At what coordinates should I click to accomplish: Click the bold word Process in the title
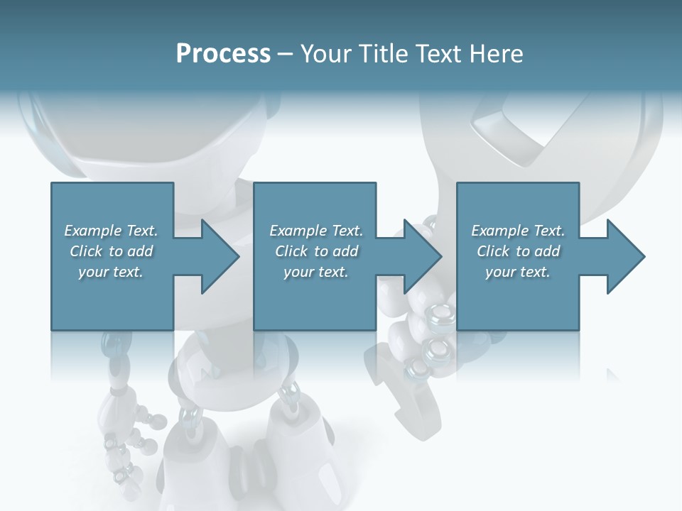[223, 54]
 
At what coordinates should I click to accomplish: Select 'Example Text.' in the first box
[111, 231]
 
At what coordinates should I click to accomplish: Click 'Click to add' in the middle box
[316, 251]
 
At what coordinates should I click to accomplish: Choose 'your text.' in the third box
[518, 272]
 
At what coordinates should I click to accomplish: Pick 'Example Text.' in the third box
[518, 231]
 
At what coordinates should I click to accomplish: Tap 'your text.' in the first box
[111, 272]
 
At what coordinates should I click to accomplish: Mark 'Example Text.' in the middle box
[316, 231]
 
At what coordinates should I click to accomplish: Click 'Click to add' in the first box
[111, 251]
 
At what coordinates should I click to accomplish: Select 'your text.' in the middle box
[316, 272]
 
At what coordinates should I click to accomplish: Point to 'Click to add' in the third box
[518, 251]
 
